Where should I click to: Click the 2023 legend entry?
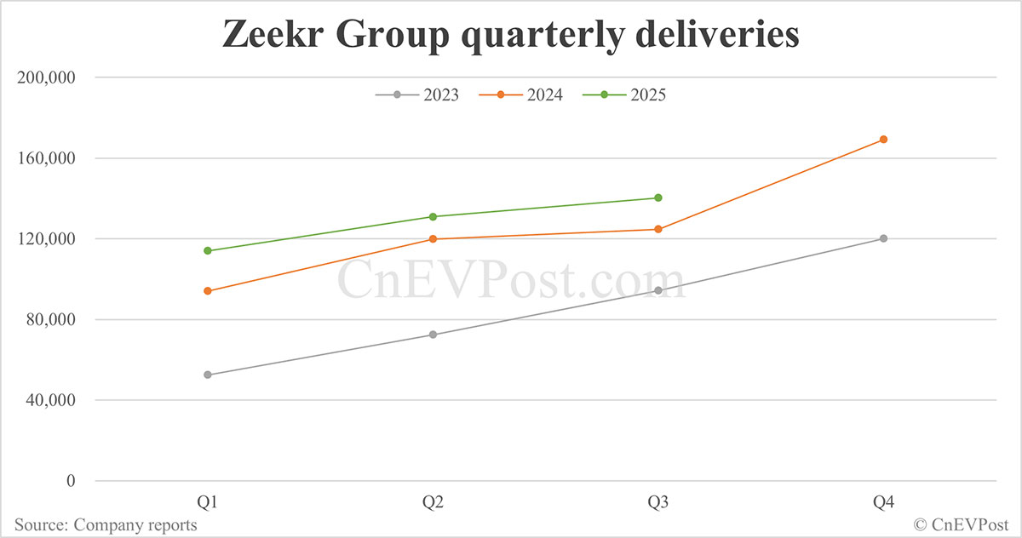coord(417,94)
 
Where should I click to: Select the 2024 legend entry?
coord(521,94)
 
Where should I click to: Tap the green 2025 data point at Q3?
coord(658,197)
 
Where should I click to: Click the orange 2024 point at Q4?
coord(883,140)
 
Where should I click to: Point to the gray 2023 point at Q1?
coord(208,375)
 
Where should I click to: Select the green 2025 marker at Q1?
coord(208,250)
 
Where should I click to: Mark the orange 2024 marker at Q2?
coord(433,239)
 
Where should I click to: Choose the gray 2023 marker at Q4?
coord(883,238)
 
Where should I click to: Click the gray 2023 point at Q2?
coord(433,335)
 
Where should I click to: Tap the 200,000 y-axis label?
coord(47,77)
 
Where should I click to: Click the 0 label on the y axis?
coord(71,481)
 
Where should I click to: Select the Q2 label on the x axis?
coord(433,503)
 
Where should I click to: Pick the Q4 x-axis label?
coord(883,503)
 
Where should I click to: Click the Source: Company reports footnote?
coord(106,525)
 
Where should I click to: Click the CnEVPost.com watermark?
coord(511,281)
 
